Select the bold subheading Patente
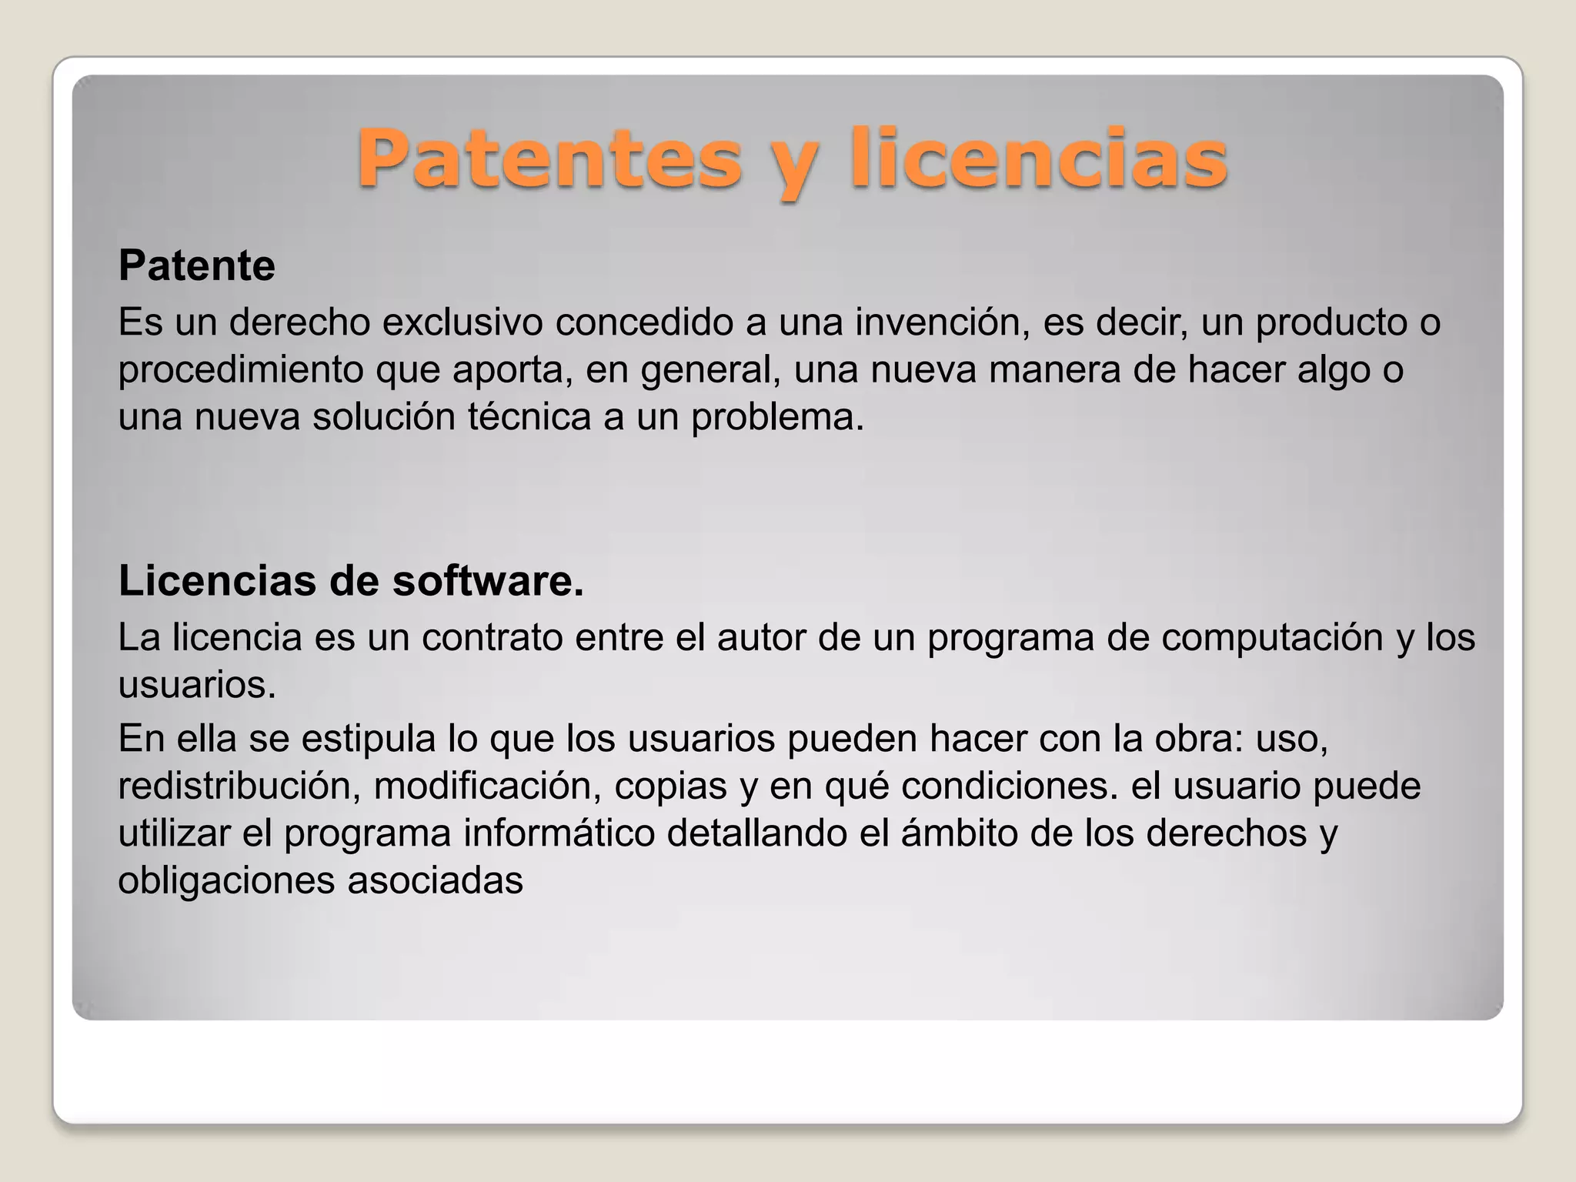(197, 265)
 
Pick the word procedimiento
(241, 370)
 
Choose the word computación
(1272, 637)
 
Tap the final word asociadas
(435, 880)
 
